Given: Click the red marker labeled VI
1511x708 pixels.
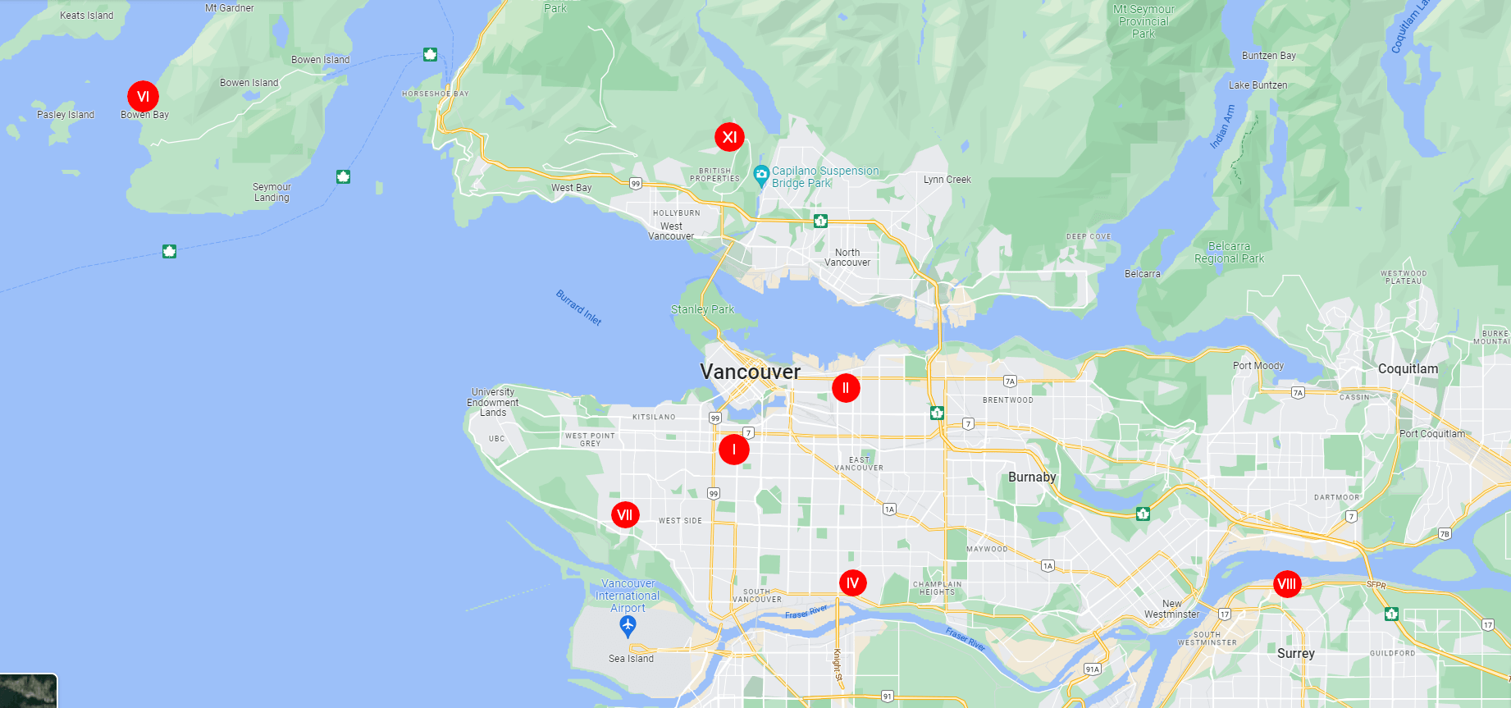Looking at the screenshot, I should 143,97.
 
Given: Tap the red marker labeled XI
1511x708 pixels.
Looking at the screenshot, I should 729,137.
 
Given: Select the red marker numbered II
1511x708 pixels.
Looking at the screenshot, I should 846,388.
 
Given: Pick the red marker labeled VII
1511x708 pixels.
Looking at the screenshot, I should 625,515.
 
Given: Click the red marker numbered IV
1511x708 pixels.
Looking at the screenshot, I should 852,583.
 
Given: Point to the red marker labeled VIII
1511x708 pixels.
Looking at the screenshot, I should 1287,584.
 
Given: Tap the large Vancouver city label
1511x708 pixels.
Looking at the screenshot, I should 750,372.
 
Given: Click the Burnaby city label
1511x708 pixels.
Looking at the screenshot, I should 1032,477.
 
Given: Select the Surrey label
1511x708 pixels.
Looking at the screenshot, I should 1295,654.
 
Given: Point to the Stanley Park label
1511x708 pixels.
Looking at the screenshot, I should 702,309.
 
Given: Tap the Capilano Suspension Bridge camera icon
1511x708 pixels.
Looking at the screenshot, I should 761,174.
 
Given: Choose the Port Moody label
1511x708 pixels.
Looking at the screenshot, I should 1258,366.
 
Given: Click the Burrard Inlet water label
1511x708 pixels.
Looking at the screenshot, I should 579,308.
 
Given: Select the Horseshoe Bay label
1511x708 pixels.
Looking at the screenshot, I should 435,94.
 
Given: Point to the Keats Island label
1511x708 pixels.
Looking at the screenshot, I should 86,16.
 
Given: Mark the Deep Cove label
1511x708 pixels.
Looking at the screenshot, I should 1089,236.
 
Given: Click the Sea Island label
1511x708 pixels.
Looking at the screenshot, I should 631,659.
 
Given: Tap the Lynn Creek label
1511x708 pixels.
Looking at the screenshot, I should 947,180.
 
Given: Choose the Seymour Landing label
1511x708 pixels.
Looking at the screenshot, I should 272,192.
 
